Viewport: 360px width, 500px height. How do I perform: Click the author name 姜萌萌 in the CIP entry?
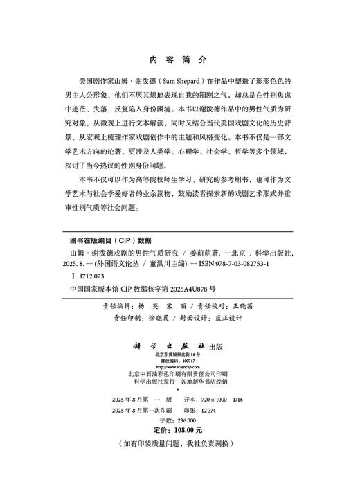(x=204, y=253)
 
